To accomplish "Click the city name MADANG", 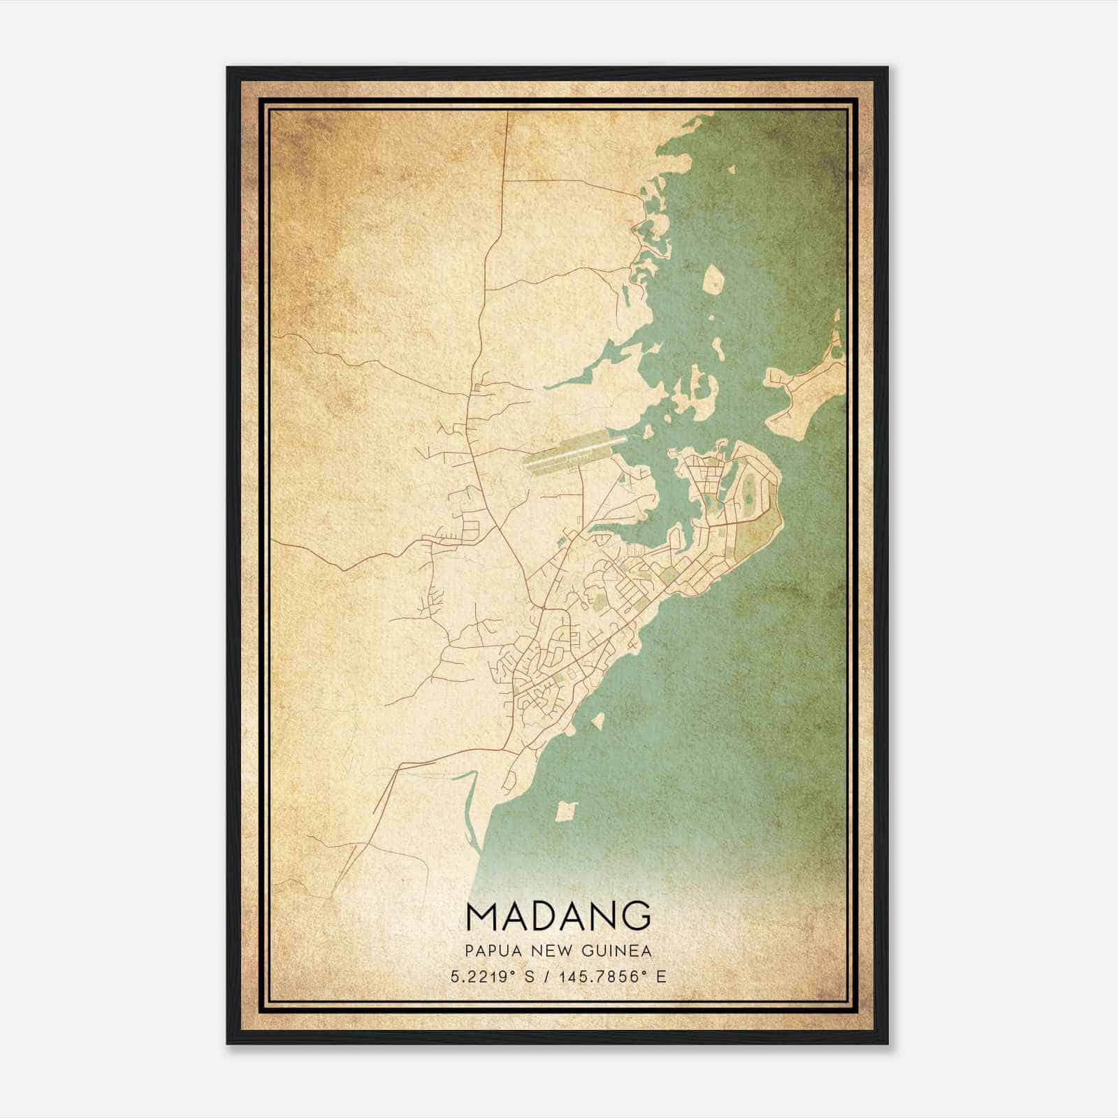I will tap(558, 915).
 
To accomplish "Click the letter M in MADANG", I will tap(481, 915).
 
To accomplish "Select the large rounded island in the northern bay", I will tap(713, 279).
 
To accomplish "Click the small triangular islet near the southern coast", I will tap(597, 721).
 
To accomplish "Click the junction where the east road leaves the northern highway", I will tap(504, 180).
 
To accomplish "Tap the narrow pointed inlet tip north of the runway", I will tap(546, 386).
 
